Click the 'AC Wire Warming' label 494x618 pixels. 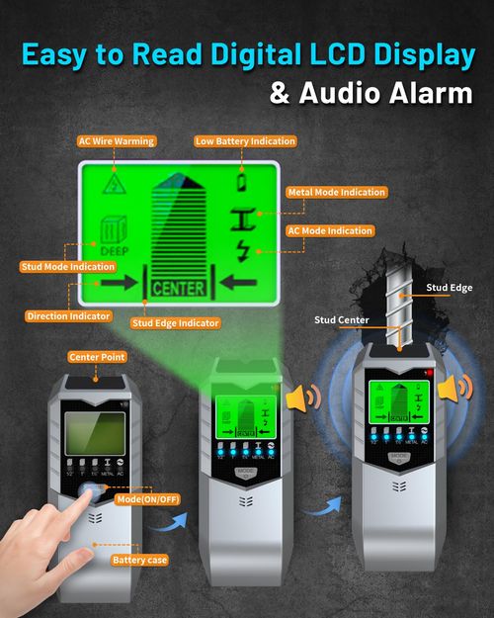click(117, 141)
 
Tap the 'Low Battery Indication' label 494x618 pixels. click(245, 141)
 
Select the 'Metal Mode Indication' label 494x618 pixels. click(336, 192)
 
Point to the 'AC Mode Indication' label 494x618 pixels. click(330, 230)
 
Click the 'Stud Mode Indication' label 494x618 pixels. click(67, 266)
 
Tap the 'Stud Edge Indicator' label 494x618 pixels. click(175, 322)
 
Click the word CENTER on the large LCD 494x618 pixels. click(178, 289)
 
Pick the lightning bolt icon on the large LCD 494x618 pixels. click(241, 252)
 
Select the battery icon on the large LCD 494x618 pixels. click(241, 182)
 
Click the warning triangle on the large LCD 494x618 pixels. click(116, 184)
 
